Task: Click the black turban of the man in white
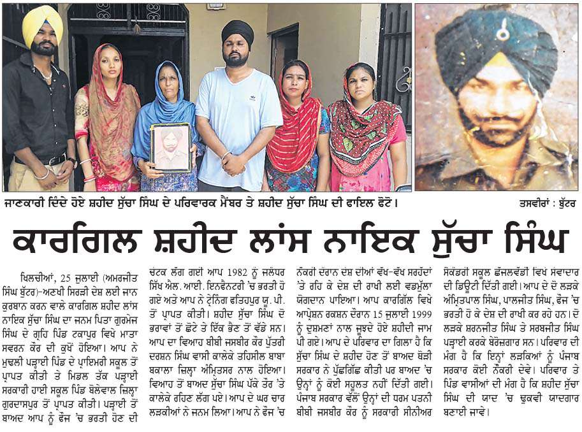click(237, 31)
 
